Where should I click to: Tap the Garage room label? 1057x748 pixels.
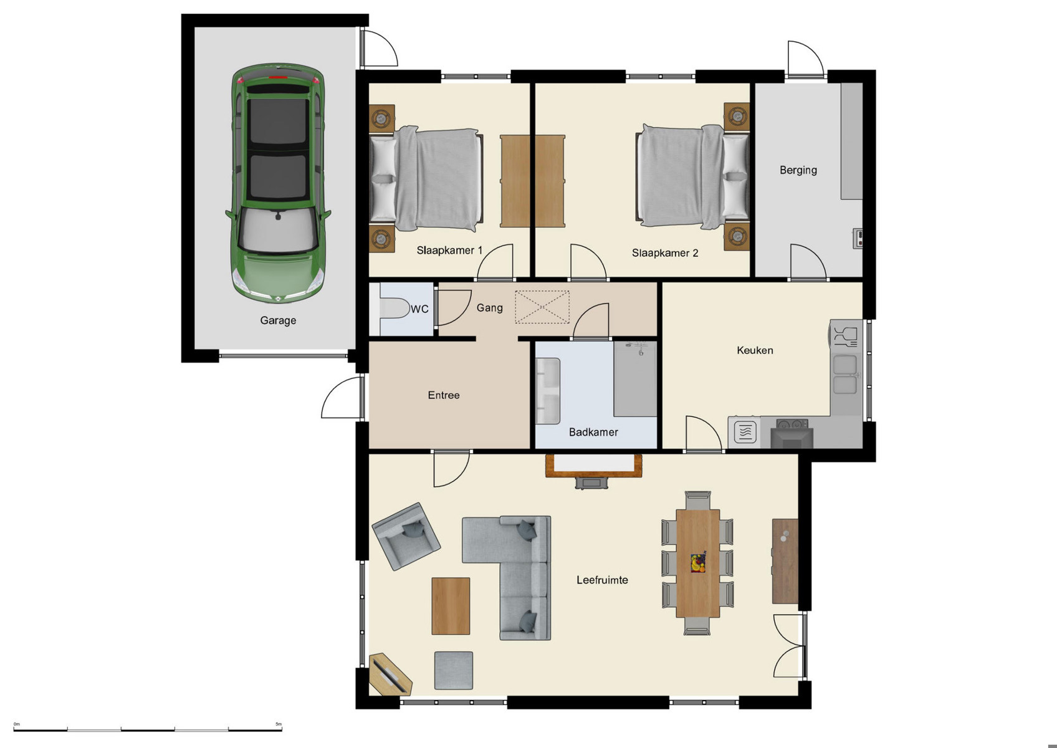(278, 320)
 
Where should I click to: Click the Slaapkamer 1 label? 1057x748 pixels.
(449, 251)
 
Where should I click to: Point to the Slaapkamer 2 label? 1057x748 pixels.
(665, 253)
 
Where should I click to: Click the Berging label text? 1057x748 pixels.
(798, 170)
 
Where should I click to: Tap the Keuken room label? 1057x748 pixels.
(755, 350)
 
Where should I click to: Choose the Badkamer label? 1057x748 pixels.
(593, 432)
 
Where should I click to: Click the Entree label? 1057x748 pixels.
(444, 395)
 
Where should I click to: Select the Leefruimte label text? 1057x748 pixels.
(602, 580)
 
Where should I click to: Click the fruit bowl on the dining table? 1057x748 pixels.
(698, 563)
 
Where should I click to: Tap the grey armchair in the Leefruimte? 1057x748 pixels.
(406, 536)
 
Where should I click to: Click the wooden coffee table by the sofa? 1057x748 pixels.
(451, 606)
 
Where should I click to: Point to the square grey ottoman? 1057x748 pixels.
(454, 670)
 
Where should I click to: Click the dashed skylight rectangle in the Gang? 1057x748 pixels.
(542, 307)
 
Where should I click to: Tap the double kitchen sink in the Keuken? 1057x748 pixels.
(845, 375)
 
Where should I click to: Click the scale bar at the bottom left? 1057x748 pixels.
(148, 729)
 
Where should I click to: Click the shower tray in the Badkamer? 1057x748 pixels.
(635, 379)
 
